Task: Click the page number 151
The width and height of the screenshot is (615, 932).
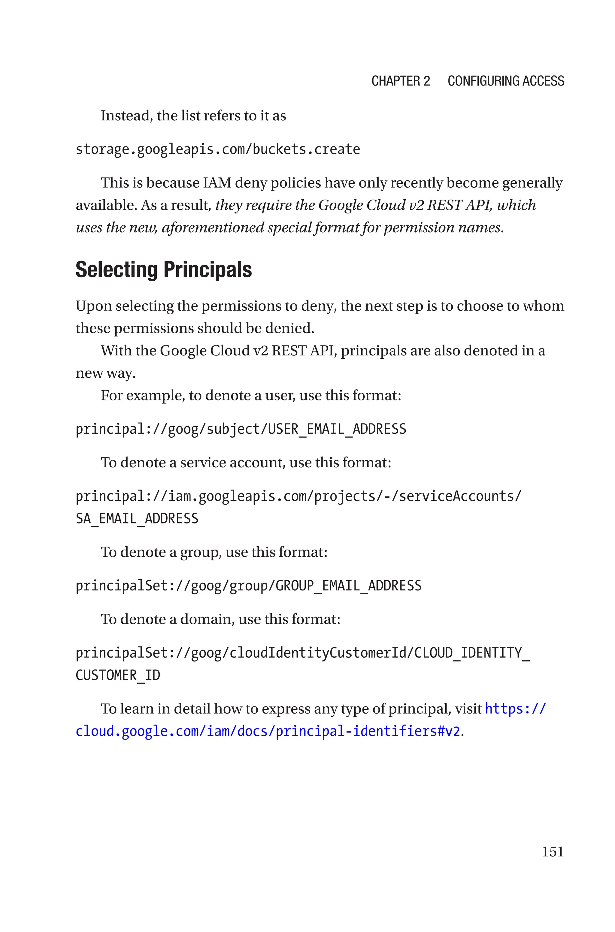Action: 552,852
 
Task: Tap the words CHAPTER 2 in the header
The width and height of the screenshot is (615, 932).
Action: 401,81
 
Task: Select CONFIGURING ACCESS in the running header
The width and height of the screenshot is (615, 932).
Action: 506,81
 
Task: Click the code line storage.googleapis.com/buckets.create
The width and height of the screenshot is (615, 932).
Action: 218,149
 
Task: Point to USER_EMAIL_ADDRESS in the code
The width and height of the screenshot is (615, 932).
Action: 337,429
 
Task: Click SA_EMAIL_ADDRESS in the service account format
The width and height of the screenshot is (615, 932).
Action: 137,519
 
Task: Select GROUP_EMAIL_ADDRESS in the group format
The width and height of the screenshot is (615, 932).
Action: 348,586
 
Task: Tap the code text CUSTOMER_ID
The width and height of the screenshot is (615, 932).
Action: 118,675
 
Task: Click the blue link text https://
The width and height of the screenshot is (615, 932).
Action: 515,709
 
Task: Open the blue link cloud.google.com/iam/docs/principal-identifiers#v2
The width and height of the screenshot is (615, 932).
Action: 268,731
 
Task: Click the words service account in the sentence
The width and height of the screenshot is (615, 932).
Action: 232,463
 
